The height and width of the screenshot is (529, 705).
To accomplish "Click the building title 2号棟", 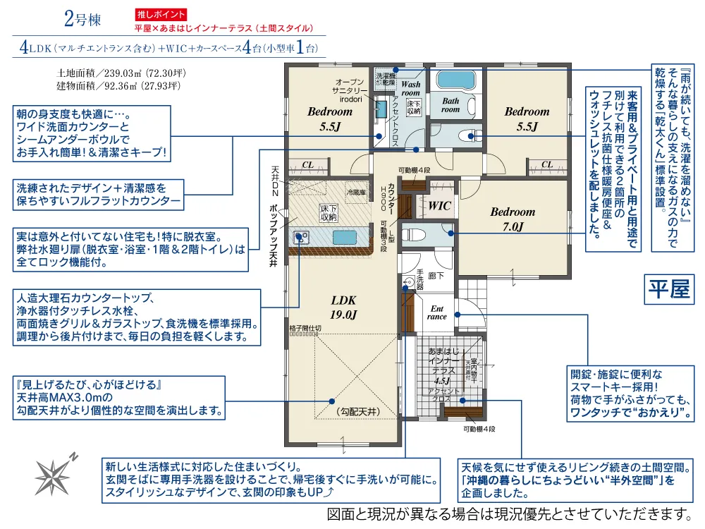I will tap(82, 19).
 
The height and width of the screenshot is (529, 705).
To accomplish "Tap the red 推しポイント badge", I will tap(161, 14).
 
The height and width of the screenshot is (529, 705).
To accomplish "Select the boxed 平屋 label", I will tap(670, 290).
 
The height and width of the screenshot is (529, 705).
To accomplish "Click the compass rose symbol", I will tap(57, 470).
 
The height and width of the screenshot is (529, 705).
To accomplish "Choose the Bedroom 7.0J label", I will tap(513, 219).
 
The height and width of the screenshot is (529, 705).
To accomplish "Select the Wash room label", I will tap(410, 88).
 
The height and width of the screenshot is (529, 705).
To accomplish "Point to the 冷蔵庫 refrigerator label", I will tap(356, 192).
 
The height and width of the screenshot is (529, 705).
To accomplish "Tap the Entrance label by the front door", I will tap(437, 312).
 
